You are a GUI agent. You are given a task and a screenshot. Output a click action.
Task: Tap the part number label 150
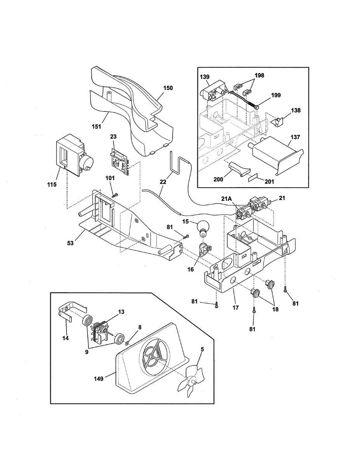point(168,88)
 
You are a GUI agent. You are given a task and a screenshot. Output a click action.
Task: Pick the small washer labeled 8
point(127,342)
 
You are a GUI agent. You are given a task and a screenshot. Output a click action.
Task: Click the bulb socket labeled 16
point(203,249)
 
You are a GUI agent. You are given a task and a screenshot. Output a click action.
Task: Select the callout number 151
point(96,126)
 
